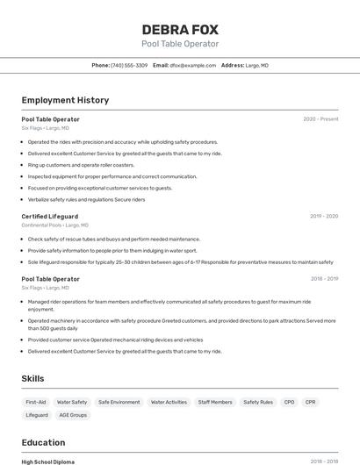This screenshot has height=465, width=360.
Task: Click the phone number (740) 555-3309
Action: point(129,65)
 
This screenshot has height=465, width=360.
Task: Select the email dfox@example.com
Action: point(193,65)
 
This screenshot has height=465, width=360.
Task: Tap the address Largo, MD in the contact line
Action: point(257,65)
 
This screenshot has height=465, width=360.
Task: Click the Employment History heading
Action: point(65,100)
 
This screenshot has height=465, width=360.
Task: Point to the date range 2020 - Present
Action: point(320,118)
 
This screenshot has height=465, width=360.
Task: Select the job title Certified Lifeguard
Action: point(49,216)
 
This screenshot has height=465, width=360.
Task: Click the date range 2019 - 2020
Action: point(324,216)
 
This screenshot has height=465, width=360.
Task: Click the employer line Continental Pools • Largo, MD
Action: point(54,225)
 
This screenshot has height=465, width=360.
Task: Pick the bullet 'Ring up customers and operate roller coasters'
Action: point(81,164)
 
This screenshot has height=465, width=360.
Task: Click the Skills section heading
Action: point(32,378)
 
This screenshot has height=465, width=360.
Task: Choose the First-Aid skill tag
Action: point(36,402)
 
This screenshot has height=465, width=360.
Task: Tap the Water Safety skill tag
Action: point(72,402)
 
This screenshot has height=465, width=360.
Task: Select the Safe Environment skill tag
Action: point(119,402)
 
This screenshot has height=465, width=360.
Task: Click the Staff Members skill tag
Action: point(215,402)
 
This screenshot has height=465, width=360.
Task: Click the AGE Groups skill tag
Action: point(73,415)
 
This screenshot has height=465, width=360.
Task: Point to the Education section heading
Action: point(43,442)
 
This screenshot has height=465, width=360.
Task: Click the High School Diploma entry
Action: point(47,461)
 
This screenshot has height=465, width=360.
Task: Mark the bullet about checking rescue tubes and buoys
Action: point(114,239)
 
